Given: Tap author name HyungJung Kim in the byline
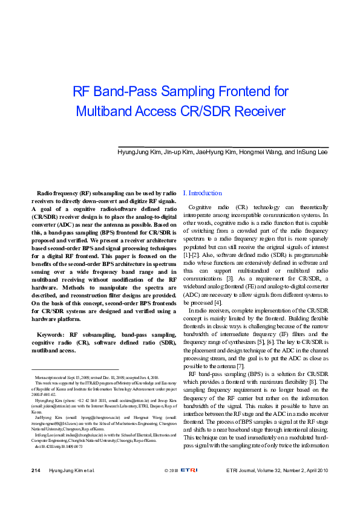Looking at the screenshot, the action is point(139,153).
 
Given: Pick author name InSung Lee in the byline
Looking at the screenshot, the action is point(312,153).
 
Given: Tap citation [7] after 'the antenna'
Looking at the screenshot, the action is point(240,366).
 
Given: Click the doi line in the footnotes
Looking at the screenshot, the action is point(59,447).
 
